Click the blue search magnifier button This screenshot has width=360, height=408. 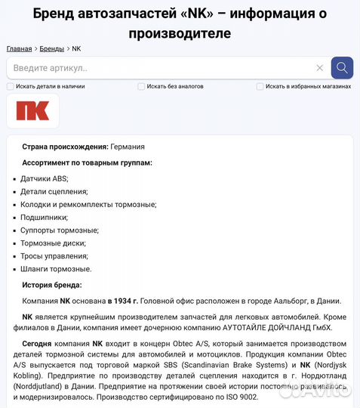[342, 68]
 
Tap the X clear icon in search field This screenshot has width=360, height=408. [319, 68]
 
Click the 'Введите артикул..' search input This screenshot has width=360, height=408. [151, 68]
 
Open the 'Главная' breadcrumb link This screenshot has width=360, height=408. [19, 48]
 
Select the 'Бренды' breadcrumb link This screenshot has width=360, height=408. [52, 48]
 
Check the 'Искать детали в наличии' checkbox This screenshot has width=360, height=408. [11, 86]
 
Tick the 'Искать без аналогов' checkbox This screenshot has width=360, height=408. [141, 86]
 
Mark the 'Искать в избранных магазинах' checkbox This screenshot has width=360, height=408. [260, 86]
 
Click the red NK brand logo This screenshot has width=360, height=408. [32, 110]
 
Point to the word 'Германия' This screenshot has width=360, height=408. [128, 147]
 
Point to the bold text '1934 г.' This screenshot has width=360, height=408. [122, 300]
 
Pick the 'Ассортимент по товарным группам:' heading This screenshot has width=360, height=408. [87, 162]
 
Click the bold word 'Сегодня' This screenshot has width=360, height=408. [37, 343]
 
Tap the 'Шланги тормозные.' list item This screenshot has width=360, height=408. [56, 268]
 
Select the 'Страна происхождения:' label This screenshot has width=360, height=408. [65, 147]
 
